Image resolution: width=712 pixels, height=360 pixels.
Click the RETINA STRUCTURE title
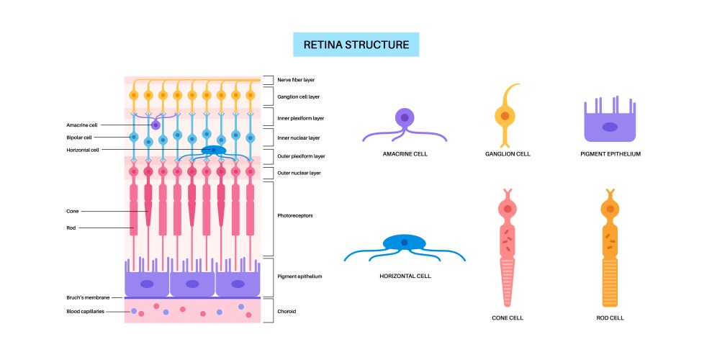356,45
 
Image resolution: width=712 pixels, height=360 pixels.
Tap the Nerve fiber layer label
296,80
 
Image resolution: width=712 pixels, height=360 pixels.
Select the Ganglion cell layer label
298,96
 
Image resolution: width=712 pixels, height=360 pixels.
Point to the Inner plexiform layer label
299,117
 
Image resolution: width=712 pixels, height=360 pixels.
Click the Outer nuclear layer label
299,173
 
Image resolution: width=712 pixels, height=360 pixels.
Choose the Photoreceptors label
294,215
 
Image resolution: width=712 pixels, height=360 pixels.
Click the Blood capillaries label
84,311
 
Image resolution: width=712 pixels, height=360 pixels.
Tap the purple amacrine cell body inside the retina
156,125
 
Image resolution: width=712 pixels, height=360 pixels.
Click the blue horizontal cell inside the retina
213,150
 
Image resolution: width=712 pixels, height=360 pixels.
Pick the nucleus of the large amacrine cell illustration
405,118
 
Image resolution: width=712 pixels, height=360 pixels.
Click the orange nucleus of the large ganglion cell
505,115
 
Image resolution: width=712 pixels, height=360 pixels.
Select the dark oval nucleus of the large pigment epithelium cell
610,127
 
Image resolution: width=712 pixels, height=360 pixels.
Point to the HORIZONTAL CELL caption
405,276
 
